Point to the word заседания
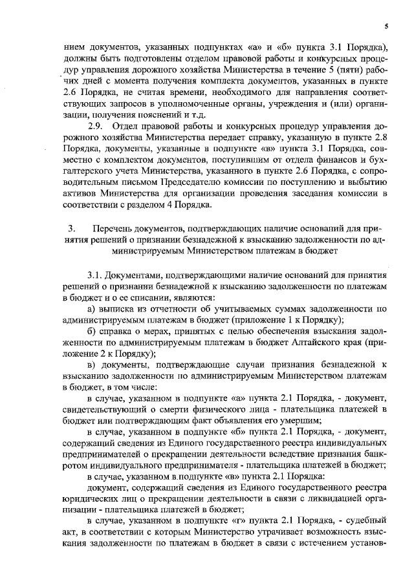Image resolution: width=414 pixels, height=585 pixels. coord(301,193)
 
